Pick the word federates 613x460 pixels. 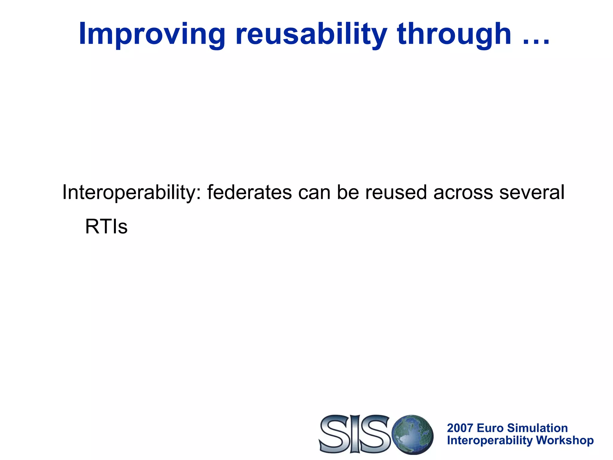click(249, 192)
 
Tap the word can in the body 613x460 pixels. click(314, 192)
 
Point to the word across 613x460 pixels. click(463, 192)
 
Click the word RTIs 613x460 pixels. click(106, 227)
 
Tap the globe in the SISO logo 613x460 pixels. click(412, 434)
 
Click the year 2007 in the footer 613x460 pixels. click(460, 428)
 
